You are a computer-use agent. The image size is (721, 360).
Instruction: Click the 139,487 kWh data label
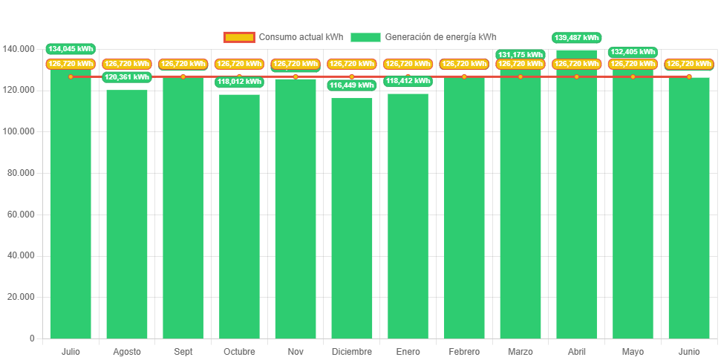coord(576,37)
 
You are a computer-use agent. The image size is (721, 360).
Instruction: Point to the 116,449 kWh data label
coord(351,85)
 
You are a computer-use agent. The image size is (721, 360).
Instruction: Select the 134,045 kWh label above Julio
coord(71,49)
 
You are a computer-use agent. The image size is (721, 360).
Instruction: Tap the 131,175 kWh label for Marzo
coord(521,54)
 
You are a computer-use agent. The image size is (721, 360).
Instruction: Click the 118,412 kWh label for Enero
coord(408,81)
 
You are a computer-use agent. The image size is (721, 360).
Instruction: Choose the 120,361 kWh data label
coord(127,76)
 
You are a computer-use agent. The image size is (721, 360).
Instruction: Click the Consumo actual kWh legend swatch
coord(238,37)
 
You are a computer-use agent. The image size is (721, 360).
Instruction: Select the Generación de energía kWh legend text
coord(440,37)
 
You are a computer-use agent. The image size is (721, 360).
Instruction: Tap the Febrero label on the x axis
coord(464,351)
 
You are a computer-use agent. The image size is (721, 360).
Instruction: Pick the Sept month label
coord(183,351)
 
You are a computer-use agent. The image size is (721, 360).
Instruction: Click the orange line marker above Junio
coord(689,76)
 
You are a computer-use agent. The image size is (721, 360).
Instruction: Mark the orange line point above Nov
coord(296,76)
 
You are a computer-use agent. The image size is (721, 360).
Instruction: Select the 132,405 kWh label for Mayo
coord(633,52)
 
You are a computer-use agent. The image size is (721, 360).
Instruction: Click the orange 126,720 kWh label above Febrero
coord(464,64)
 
